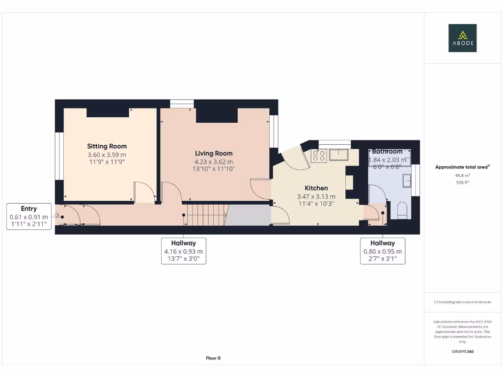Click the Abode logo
(462, 38)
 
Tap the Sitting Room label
(107, 146)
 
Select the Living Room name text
(214, 154)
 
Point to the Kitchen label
(316, 188)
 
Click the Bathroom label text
(387, 152)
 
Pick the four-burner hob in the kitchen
(318, 156)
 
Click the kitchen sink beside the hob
(339, 155)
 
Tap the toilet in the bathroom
(402, 210)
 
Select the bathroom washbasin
(407, 181)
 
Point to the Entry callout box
(29, 216)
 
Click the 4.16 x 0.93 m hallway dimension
(184, 251)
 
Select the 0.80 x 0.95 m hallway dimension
(383, 251)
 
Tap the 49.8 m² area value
(462, 175)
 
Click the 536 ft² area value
(462, 182)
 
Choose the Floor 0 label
(213, 358)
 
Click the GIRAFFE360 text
(462, 351)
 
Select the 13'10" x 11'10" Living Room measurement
(214, 169)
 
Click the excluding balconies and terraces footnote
(462, 302)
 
